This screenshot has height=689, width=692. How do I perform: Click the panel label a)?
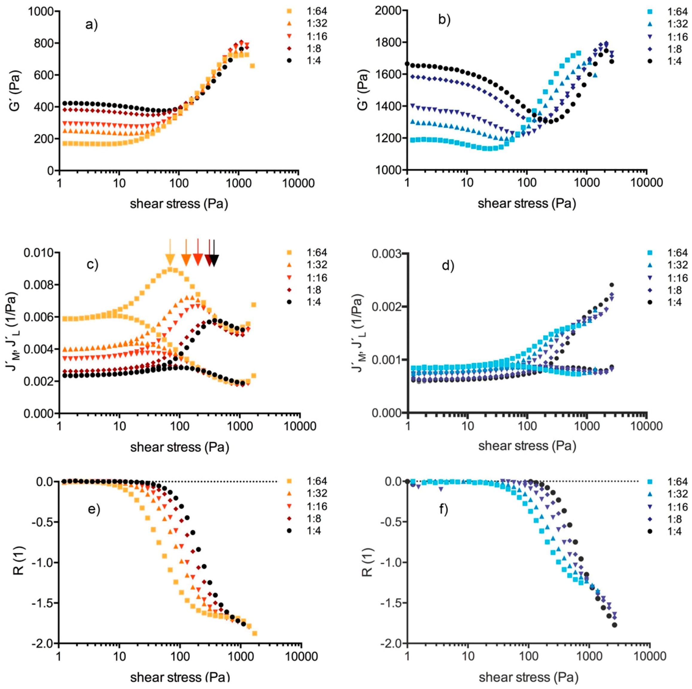tap(92, 25)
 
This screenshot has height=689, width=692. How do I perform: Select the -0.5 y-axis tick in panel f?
tap(390, 522)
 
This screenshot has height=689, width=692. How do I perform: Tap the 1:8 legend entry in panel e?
tap(311, 519)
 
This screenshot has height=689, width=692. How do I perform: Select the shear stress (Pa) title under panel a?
tap(179, 204)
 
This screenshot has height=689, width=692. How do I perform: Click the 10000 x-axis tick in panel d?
tap(646, 426)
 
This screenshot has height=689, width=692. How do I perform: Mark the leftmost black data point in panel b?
tap(407, 64)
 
